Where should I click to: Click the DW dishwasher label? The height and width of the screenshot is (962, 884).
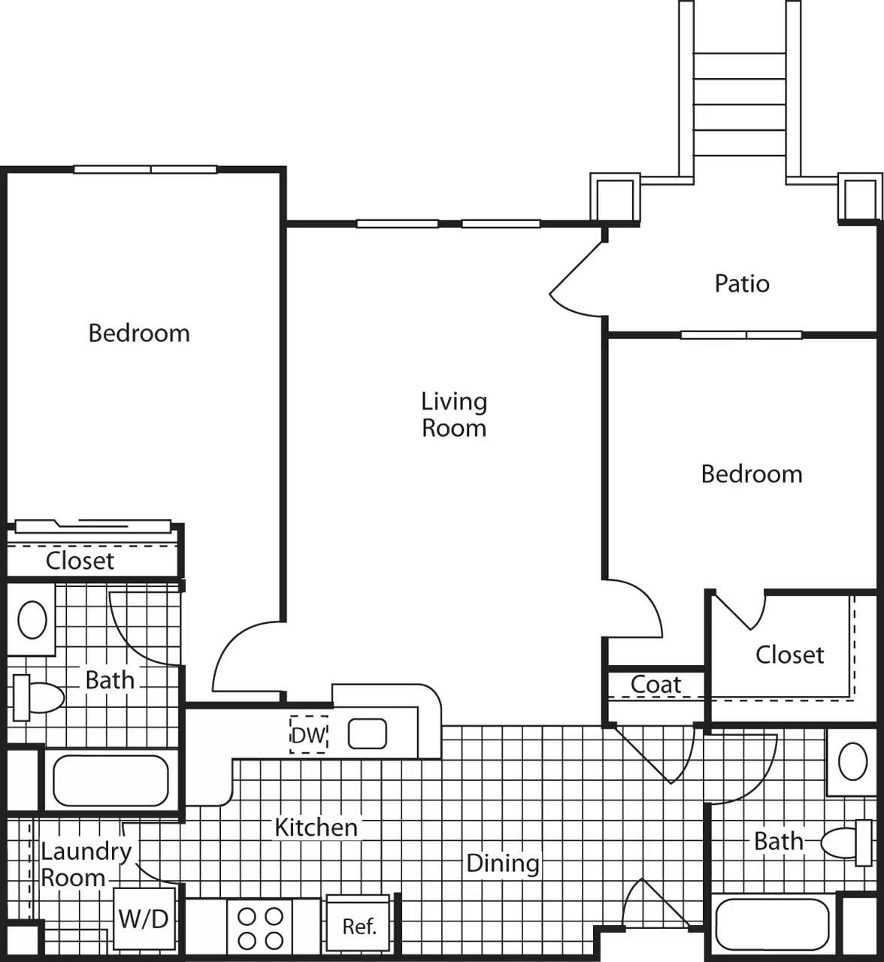[308, 735]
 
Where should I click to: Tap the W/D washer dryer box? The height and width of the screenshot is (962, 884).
[144, 918]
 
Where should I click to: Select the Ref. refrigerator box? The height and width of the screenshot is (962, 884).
[359, 926]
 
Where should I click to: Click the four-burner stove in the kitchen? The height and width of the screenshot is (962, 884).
[260, 928]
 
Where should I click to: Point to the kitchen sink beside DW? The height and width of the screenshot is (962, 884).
[368, 734]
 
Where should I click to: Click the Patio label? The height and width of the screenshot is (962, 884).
[742, 283]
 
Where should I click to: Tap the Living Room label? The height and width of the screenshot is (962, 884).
[453, 414]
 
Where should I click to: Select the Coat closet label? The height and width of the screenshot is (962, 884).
[655, 684]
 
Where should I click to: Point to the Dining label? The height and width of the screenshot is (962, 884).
[502, 863]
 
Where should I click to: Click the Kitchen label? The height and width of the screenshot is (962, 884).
[316, 827]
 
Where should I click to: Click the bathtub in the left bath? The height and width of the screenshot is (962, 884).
[110, 780]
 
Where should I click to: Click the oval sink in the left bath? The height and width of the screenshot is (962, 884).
[32, 620]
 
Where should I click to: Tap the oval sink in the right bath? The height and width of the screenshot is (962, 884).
[852, 763]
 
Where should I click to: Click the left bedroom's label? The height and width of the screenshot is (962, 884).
[139, 333]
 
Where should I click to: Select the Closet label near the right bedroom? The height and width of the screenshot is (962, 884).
[789, 655]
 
